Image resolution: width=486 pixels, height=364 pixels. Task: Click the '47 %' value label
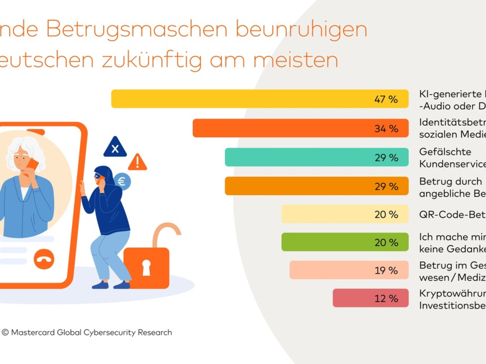pos(386,99)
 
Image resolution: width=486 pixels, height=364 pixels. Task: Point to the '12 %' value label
pos(386,298)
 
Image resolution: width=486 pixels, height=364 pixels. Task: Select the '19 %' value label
pos(386,271)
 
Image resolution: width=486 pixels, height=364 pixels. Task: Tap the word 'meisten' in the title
pos(296,60)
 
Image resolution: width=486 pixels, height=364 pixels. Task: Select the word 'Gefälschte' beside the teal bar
pos(439,152)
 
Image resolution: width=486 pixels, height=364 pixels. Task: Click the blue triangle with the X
pos(115,148)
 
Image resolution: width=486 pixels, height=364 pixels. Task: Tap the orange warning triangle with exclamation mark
pos(137,162)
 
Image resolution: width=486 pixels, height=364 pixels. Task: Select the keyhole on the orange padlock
pos(146,267)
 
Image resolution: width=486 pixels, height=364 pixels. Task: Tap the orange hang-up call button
pos(44,259)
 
